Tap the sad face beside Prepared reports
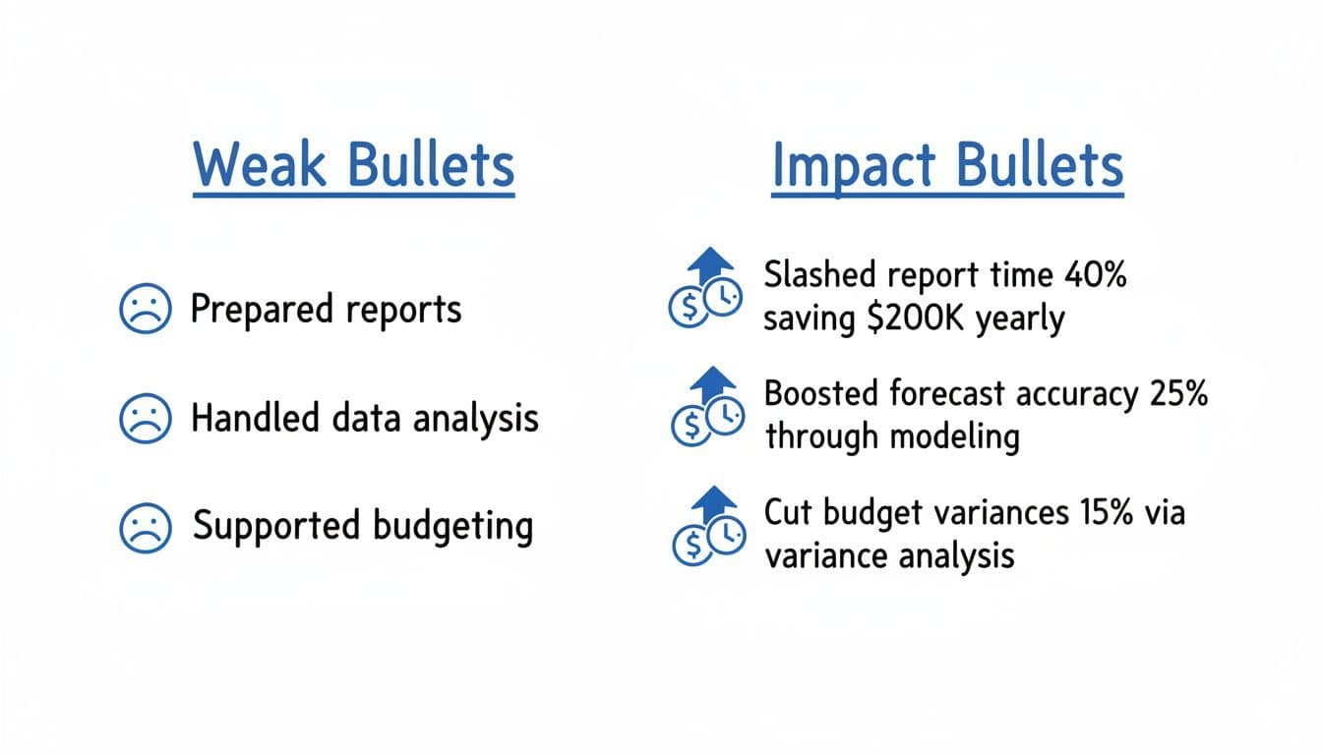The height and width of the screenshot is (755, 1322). point(144,310)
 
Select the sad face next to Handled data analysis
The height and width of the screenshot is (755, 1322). point(144,420)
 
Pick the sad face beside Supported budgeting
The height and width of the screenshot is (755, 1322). point(144,527)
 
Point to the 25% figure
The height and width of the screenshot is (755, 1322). point(1177,393)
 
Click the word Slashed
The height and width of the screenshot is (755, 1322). point(818,275)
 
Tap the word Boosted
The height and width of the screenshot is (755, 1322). point(820,393)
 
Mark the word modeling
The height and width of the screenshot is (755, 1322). point(955,436)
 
